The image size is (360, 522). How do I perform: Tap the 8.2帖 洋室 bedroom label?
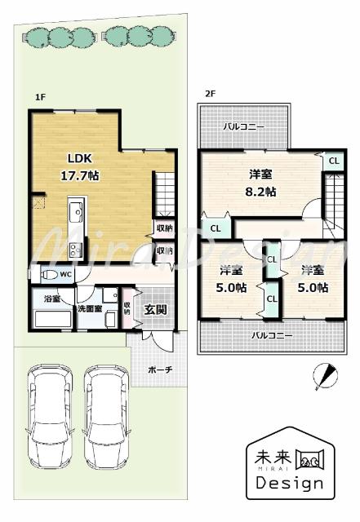click(262, 184)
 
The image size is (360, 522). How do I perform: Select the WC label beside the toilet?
click(65, 275)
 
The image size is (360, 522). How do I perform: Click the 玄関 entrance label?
click(156, 309)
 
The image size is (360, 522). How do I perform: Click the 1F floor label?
click(39, 97)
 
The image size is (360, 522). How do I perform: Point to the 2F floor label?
click(210, 94)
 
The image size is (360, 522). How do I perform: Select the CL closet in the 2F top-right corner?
click(333, 161)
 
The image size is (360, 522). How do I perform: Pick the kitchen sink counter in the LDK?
click(75, 229)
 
